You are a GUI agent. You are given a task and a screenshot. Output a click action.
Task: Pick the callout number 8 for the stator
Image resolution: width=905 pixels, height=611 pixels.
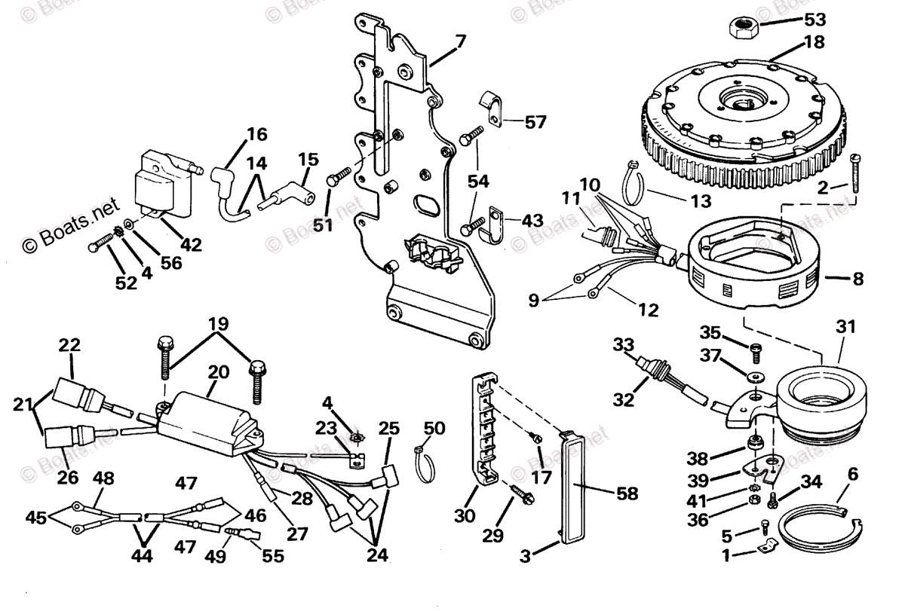tap(857, 279)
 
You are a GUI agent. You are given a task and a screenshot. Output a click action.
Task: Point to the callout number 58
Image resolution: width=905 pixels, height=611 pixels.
tap(627, 494)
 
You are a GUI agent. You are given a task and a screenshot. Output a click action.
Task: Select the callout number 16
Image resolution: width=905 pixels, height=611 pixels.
tap(256, 134)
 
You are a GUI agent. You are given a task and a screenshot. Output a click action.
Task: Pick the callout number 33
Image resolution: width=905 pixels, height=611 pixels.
tap(623, 346)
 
